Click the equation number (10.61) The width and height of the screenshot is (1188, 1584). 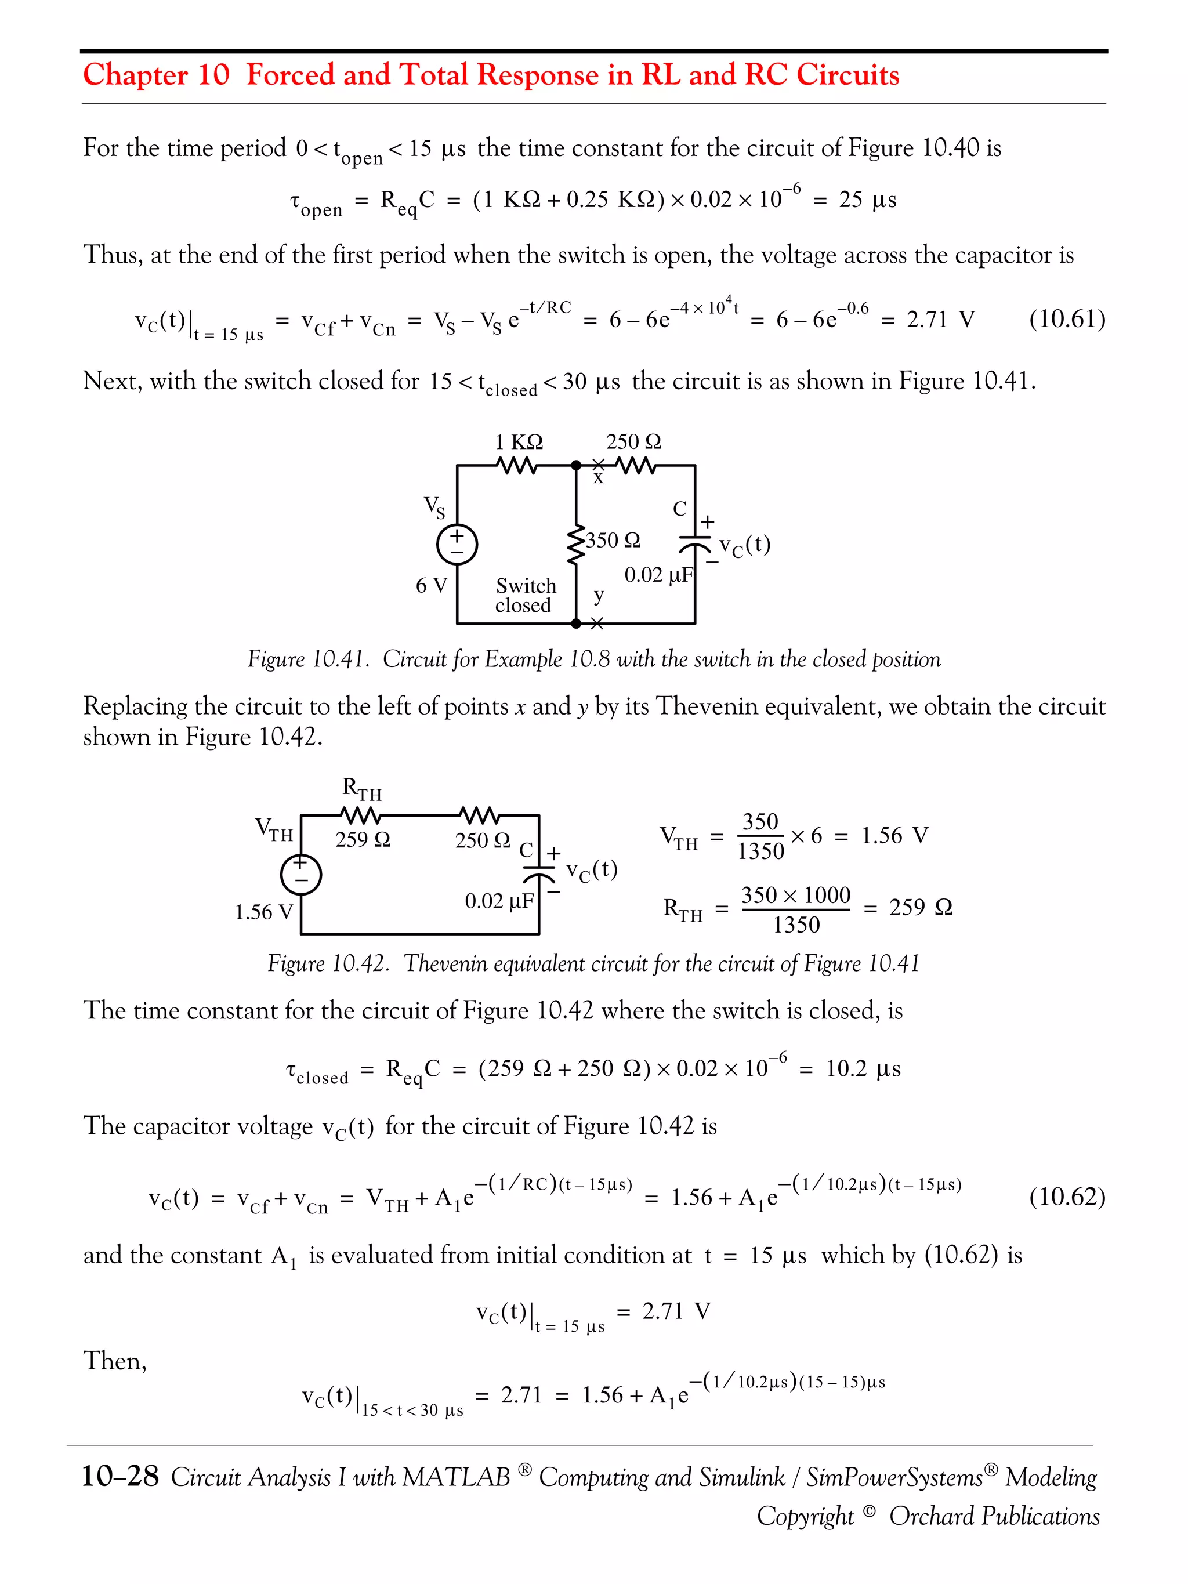(1066, 318)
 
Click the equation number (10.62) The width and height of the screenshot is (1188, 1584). (1066, 1197)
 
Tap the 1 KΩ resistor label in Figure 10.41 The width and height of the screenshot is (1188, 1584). (519, 442)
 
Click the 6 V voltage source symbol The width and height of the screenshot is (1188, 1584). (457, 544)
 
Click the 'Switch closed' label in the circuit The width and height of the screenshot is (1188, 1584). (525, 596)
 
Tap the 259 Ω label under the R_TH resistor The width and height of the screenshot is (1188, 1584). (363, 839)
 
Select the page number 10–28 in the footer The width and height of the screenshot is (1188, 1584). (119, 1477)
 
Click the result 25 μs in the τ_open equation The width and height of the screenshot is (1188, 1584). (867, 200)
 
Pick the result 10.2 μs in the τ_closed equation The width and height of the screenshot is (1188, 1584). (863, 1069)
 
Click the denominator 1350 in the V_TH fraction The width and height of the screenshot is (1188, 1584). (760, 851)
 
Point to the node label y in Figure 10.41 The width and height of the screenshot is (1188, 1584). (599, 595)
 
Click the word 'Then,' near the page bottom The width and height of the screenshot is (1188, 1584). (115, 1361)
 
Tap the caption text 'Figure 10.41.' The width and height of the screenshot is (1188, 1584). (308, 659)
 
